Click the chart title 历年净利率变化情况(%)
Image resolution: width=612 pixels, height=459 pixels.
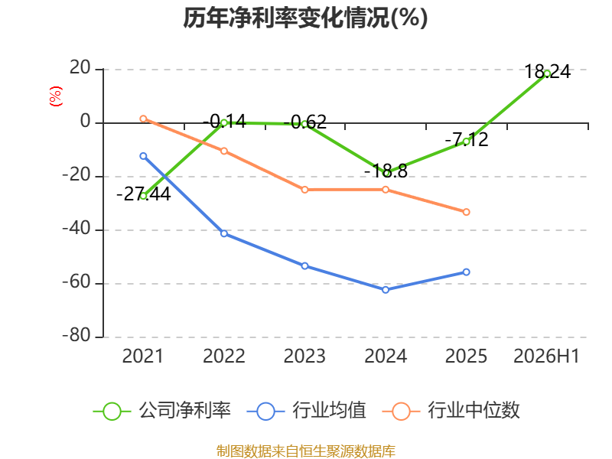(305, 18)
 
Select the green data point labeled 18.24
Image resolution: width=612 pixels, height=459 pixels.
(547, 73)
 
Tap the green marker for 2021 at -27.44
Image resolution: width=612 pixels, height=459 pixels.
(143, 196)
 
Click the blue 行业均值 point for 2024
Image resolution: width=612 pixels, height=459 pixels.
(386, 290)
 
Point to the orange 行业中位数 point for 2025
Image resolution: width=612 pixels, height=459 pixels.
(467, 212)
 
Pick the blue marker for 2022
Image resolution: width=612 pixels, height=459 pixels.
(224, 233)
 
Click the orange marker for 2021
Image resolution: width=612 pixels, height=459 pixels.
(143, 119)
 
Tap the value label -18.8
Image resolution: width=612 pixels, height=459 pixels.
(386, 171)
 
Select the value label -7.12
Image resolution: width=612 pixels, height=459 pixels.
(467, 139)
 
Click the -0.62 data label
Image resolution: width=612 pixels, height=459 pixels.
(304, 122)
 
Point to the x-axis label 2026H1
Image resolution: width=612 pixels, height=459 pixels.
(546, 356)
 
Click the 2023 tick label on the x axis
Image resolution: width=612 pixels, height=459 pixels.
(304, 356)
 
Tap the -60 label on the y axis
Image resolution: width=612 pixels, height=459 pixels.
(77, 282)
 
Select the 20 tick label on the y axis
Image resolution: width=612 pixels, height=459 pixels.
(80, 68)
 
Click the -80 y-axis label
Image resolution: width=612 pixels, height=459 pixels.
(77, 335)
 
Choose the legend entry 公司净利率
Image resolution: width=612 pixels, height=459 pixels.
(162, 411)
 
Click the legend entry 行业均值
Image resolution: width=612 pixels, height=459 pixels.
(307, 411)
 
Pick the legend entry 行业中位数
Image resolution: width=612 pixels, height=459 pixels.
(451, 411)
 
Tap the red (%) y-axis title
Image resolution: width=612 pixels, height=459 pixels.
(56, 96)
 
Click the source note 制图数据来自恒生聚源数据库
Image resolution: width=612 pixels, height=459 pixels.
(306, 451)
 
